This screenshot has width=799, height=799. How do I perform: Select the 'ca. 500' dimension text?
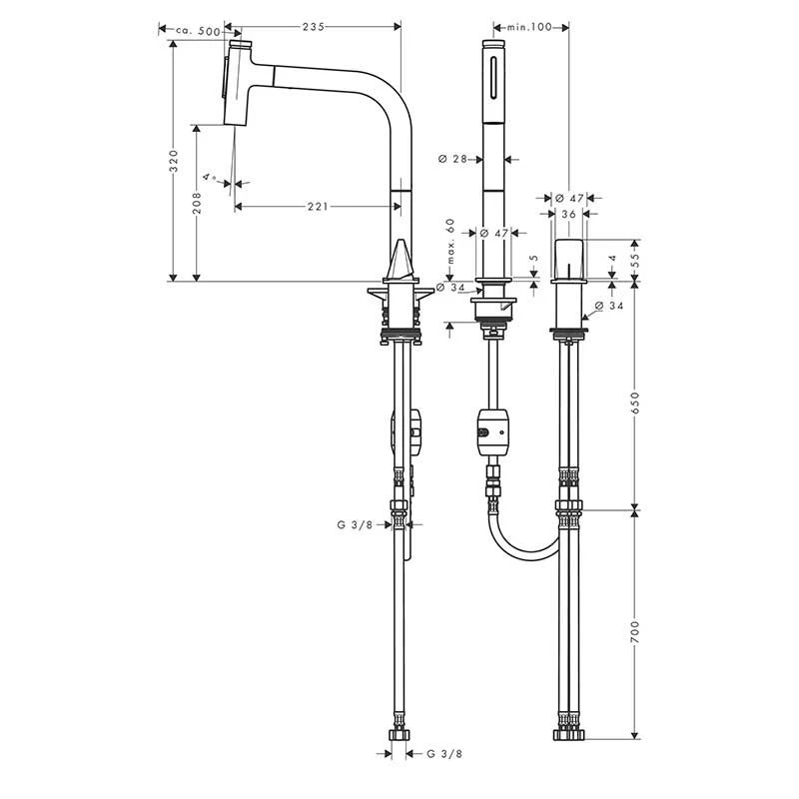(x=197, y=31)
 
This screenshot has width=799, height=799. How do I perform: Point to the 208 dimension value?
(x=197, y=205)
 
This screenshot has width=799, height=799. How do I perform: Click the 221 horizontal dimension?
(x=317, y=207)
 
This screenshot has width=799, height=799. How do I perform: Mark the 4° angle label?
(x=210, y=176)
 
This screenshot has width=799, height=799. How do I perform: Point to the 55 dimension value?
(x=637, y=259)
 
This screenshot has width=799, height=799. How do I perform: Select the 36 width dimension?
(x=567, y=213)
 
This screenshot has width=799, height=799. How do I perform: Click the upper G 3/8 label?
(x=356, y=522)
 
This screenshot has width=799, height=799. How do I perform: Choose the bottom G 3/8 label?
(x=444, y=754)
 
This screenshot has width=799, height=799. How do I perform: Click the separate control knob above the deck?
(x=567, y=260)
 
